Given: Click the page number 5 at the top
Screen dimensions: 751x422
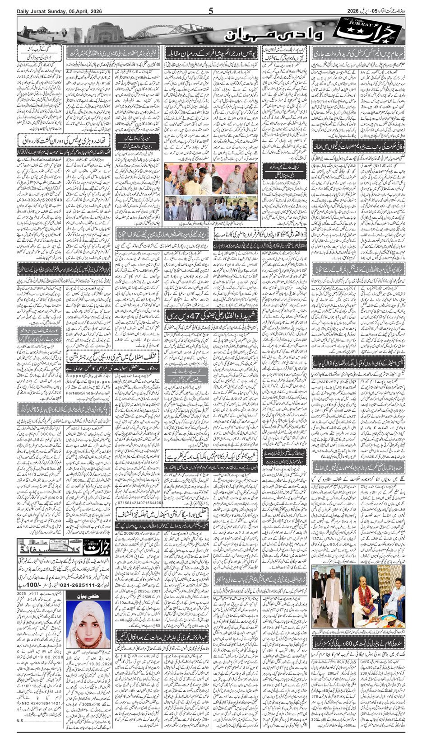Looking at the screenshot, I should [211, 11].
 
